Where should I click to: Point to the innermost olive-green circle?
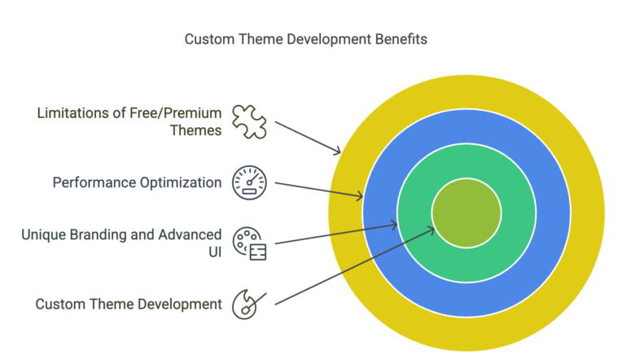tap(466, 213)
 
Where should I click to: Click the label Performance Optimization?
tap(137, 182)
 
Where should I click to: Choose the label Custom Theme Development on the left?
tap(129, 304)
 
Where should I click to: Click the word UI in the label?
tap(214, 252)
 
